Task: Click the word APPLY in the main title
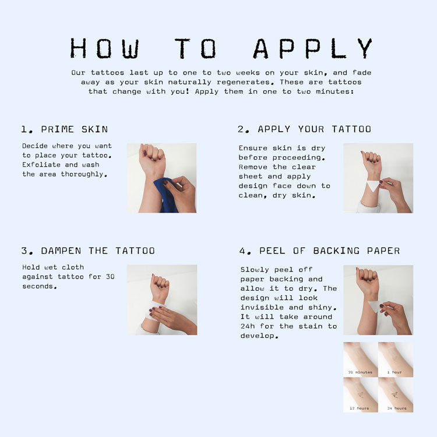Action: pyautogui.click(x=313, y=48)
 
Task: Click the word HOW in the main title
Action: pyautogui.click(x=104, y=48)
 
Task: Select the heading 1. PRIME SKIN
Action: pyautogui.click(x=64, y=129)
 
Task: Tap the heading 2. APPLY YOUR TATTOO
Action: pyautogui.click(x=304, y=129)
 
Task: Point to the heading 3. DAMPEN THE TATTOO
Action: pyautogui.click(x=88, y=251)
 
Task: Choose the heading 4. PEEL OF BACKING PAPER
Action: pyautogui.click(x=319, y=251)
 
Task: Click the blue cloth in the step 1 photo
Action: pyautogui.click(x=167, y=195)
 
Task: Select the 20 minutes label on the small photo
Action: pyautogui.click(x=360, y=372)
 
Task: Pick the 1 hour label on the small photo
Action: pyautogui.click(x=394, y=372)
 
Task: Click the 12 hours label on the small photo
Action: pyautogui.click(x=360, y=408)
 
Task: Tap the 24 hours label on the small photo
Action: pyautogui.click(x=397, y=408)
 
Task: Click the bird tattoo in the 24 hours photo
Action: pyautogui.click(x=394, y=395)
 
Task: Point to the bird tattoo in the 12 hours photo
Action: pyautogui.click(x=360, y=395)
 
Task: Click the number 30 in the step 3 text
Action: pyautogui.click(x=110, y=277)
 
